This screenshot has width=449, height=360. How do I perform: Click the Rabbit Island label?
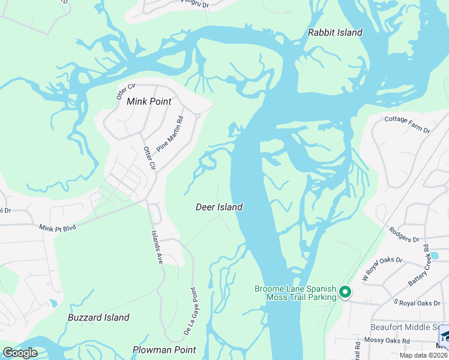[x=335, y=32]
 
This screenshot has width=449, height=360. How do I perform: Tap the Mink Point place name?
[x=149, y=101]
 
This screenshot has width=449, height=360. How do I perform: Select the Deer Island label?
[x=219, y=207]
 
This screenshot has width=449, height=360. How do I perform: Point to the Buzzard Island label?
[x=98, y=317]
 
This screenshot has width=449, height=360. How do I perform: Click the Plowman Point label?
[x=164, y=350]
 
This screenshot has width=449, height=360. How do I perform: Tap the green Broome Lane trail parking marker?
[x=345, y=292]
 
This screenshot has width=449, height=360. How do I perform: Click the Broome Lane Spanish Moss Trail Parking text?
[x=294, y=293]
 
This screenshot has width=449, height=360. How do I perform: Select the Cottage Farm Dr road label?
[x=407, y=124]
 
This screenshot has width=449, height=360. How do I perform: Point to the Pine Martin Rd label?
[x=169, y=134]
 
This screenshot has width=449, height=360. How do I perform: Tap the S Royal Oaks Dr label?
[x=417, y=303]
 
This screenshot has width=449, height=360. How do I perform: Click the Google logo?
[x=20, y=353]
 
